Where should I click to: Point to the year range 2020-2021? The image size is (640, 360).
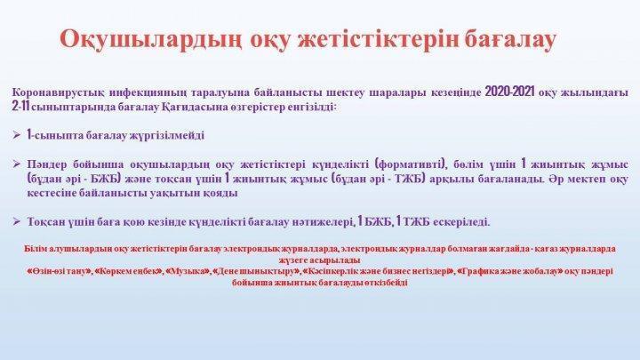509,92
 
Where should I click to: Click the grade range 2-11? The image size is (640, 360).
21,108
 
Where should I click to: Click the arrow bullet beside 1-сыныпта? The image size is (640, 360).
17,135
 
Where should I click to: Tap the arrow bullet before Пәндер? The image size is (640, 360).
17,164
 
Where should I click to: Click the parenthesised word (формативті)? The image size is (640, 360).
409,164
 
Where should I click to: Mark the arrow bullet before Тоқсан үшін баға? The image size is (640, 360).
17,221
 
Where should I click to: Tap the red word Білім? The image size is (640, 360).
35,249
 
